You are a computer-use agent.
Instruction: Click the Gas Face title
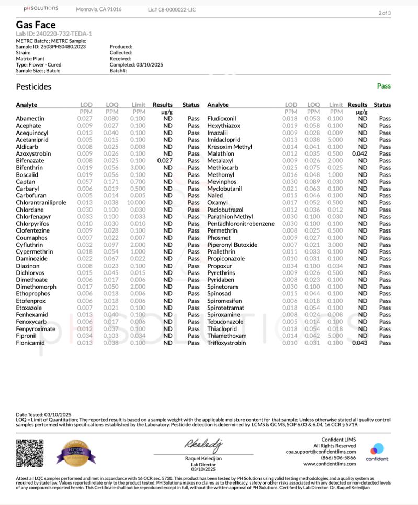point(36,25)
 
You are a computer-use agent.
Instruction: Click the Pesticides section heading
point(33,86)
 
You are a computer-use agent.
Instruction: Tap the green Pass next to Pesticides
point(383,86)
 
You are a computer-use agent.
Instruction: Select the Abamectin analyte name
point(30,119)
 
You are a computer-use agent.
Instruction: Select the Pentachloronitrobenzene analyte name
point(241,224)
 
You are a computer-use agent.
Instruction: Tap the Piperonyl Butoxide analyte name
point(232,245)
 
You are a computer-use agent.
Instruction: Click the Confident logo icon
point(377,449)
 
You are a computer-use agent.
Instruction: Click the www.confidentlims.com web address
point(330,464)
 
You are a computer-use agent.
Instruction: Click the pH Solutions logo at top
point(41,9)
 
